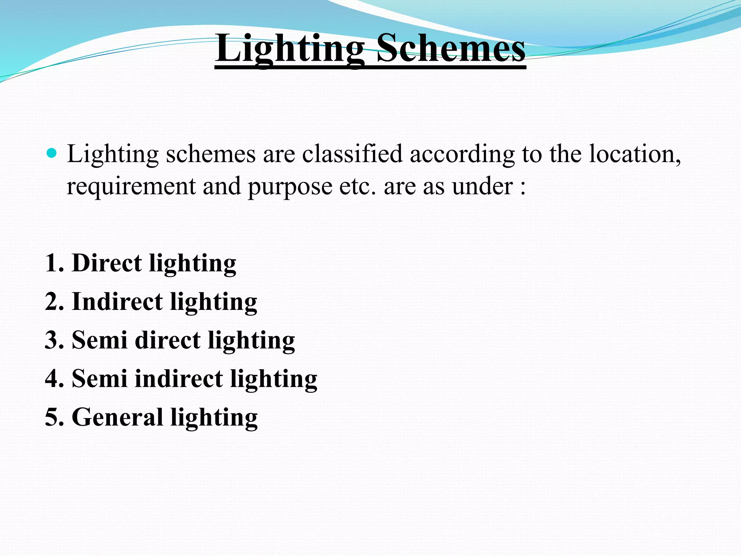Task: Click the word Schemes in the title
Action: pos(450,49)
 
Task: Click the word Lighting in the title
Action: pos(290,49)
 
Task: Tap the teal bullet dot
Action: pos(52,153)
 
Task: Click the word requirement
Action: pos(131,186)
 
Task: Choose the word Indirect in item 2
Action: pos(117,302)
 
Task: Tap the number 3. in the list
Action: pos(55,340)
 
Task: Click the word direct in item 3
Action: pos(168,340)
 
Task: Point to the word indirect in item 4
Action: pos(179,379)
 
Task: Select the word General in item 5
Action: pos(117,417)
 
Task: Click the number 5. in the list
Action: pos(55,417)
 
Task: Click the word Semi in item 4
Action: pos(99,379)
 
